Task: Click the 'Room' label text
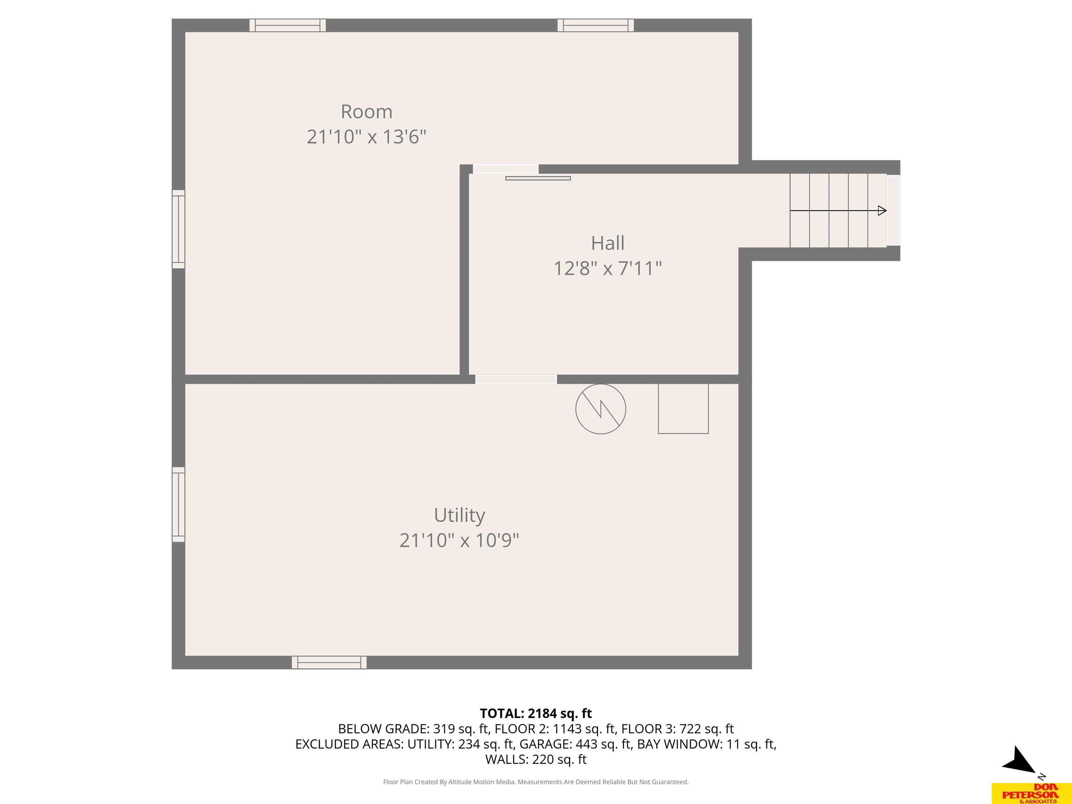366,112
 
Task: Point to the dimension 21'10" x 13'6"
366,137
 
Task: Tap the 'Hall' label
608,243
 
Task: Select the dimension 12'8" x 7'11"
608,268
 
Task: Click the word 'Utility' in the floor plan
460,515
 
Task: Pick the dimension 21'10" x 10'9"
460,540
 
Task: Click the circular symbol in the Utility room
601,409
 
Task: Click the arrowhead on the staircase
882,211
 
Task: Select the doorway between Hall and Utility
516,379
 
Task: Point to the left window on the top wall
288,25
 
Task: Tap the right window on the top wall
596,25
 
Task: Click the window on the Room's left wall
178,229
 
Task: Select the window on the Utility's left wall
178,505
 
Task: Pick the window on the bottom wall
329,662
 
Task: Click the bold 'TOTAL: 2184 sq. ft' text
536,713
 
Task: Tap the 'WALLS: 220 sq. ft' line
536,759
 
